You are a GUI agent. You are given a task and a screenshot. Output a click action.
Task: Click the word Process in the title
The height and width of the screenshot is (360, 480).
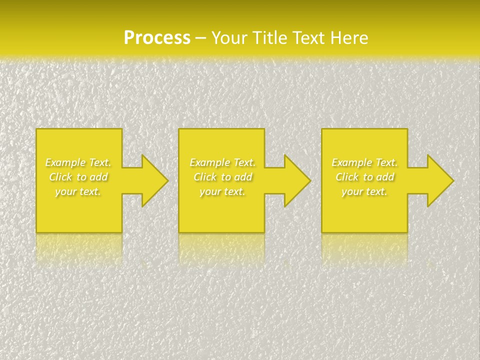click(x=157, y=38)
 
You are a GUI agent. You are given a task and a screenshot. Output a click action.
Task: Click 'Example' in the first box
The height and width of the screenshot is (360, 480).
click(x=65, y=162)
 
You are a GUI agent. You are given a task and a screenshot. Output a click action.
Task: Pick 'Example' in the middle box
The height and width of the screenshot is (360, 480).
click(x=209, y=162)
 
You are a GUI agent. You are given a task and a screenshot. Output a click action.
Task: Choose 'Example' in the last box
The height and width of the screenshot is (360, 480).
click(x=351, y=162)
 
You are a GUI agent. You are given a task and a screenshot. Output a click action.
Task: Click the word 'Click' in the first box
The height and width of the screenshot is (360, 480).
click(x=60, y=177)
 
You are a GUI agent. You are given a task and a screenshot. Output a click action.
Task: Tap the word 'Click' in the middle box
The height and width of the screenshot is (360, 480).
click(x=205, y=177)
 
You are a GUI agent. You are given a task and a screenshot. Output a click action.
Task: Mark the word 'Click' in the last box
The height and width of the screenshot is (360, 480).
click(x=347, y=177)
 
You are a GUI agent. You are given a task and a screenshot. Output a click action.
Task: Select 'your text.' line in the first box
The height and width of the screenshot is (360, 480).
click(x=78, y=191)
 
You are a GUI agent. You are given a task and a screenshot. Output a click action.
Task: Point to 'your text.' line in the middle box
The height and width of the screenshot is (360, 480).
click(x=222, y=191)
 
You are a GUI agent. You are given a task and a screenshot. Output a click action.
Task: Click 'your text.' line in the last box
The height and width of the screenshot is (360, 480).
click(x=364, y=191)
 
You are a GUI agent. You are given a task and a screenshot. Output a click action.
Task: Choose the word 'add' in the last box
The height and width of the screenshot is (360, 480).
click(x=385, y=177)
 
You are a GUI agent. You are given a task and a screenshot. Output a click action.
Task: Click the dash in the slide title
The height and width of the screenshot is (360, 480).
click(x=200, y=38)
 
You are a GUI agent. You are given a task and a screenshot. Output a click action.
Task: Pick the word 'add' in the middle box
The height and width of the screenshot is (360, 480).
click(x=243, y=177)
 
